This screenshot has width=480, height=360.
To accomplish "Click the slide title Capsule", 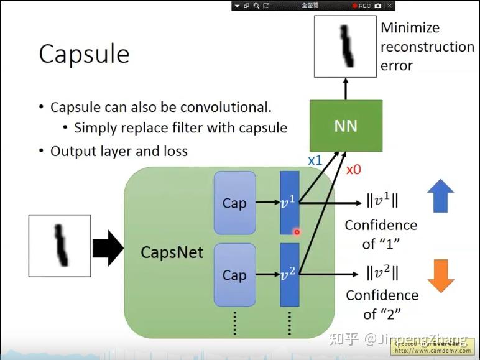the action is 84,55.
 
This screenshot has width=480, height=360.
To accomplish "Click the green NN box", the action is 346,126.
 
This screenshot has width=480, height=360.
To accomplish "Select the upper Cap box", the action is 234,203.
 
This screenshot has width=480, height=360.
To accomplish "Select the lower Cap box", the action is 234,275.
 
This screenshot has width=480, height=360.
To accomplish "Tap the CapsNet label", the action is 172,252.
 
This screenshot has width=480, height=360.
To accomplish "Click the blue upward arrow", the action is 441,196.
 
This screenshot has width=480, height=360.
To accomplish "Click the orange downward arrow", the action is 441,275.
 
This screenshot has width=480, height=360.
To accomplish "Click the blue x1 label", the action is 315,160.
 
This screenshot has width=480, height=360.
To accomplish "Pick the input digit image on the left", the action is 60,246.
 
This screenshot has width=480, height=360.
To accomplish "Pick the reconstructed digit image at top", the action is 345,47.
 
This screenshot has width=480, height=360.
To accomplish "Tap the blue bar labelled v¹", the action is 290,203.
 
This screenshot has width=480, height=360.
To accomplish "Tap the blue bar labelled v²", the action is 290,275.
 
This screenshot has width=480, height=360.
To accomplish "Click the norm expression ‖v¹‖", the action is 382,201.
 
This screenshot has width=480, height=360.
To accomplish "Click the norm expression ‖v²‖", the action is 382,273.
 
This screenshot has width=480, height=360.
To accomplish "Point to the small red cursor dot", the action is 297,232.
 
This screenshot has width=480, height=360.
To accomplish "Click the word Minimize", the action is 410,28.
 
